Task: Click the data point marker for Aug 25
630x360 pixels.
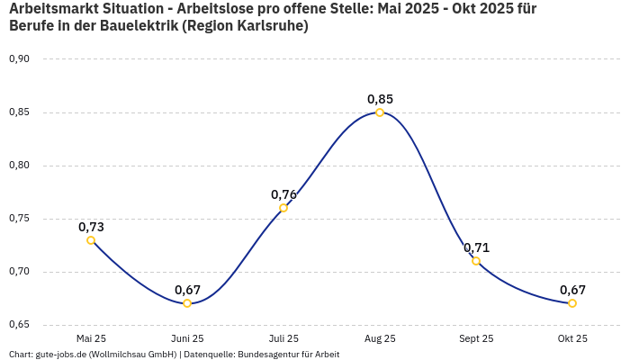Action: pos(380,112)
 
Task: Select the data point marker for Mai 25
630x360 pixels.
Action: pos(91,240)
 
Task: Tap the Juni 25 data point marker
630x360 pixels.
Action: pos(187,303)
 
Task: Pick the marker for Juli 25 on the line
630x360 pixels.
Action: pos(283,208)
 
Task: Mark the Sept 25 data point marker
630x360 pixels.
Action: pos(476,261)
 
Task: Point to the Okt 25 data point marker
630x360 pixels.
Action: pos(572,303)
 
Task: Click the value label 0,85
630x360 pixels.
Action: pos(380,99)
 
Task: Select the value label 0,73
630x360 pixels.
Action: pos(91,227)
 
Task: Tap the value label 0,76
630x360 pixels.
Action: pos(283,194)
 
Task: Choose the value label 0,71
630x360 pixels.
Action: pos(476,247)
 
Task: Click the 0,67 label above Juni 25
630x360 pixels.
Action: pos(187,290)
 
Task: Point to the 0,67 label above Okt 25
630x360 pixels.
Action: pos(572,290)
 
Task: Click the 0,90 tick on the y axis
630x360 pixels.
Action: pos(19,59)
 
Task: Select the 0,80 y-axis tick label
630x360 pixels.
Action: pos(19,166)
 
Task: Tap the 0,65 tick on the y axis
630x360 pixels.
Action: pos(19,325)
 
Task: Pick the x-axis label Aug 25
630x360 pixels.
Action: pos(380,338)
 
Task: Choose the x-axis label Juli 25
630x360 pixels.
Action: pos(283,338)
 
